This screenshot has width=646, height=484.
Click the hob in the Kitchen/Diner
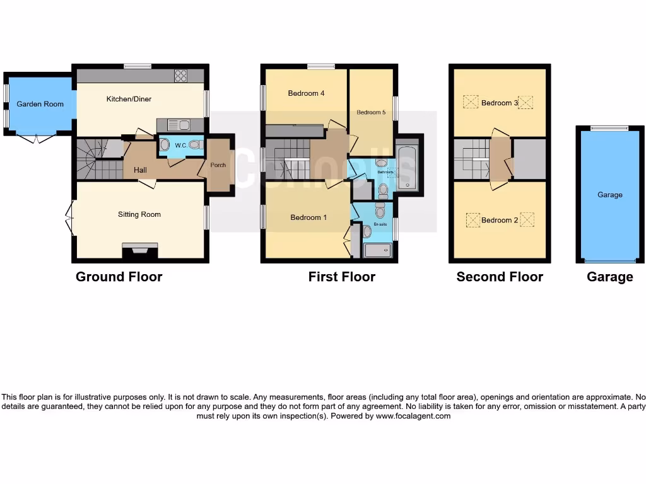coord(180,76)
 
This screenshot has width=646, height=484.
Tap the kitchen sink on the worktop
coord(175,125)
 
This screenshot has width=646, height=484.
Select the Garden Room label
coord(40,104)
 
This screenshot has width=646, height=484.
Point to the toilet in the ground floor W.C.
coord(194,145)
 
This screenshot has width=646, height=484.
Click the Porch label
coord(218,166)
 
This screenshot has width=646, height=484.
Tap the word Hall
coord(139,170)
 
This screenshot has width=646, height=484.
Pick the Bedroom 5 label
coord(370,113)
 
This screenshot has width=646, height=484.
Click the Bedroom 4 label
coord(306,93)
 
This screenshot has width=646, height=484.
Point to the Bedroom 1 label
coord(308,217)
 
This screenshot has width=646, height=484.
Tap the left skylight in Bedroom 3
coord(471,102)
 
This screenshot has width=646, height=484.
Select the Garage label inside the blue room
coord(609,195)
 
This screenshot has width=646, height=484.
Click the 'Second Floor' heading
coord(500,277)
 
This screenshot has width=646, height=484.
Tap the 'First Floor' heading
coord(341,277)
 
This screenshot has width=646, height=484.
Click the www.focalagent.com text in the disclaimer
coord(413,416)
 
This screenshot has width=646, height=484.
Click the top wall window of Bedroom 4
coord(321,66)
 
